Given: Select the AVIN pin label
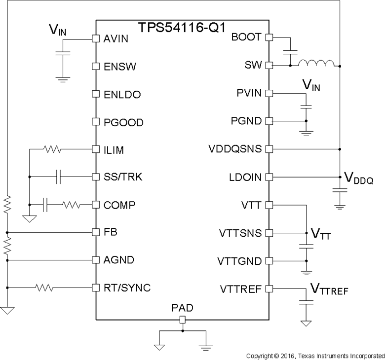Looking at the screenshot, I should (x=116, y=37).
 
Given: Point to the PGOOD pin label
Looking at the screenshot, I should (x=123, y=121).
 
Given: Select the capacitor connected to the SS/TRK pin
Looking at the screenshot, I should (x=58, y=177).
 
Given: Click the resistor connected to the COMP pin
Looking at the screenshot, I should (x=71, y=204).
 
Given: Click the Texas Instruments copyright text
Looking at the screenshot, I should (x=315, y=355).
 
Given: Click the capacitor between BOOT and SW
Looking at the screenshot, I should (x=291, y=51).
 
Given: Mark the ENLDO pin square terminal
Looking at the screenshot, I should (x=96, y=93).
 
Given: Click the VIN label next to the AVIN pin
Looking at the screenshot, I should (x=56, y=31).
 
